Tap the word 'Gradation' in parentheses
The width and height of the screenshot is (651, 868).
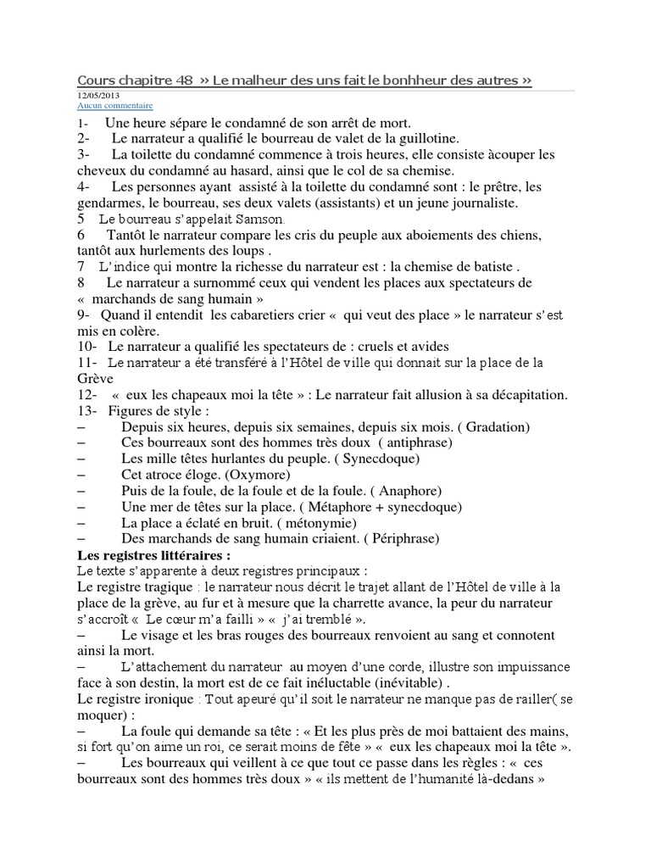493,426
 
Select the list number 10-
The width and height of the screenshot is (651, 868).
87,346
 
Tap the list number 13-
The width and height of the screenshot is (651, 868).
87,410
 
